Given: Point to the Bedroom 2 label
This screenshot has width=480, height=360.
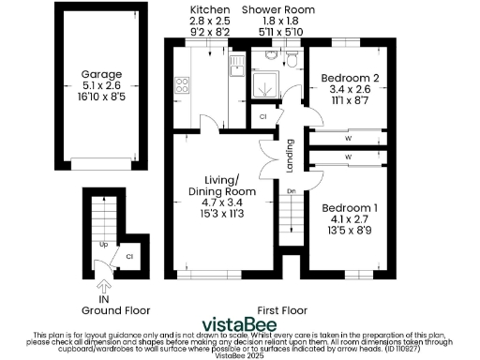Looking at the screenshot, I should pos(350,78).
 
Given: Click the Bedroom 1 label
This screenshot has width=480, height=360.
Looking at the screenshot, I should pos(350,207).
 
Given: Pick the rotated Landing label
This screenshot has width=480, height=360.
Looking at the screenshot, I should pos(290,155).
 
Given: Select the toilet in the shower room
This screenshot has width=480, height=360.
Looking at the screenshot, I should pos(293,60).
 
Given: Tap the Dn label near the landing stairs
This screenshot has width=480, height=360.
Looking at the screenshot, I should pos(292,191).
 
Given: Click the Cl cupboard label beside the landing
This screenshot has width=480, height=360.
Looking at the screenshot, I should pos(263,117).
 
